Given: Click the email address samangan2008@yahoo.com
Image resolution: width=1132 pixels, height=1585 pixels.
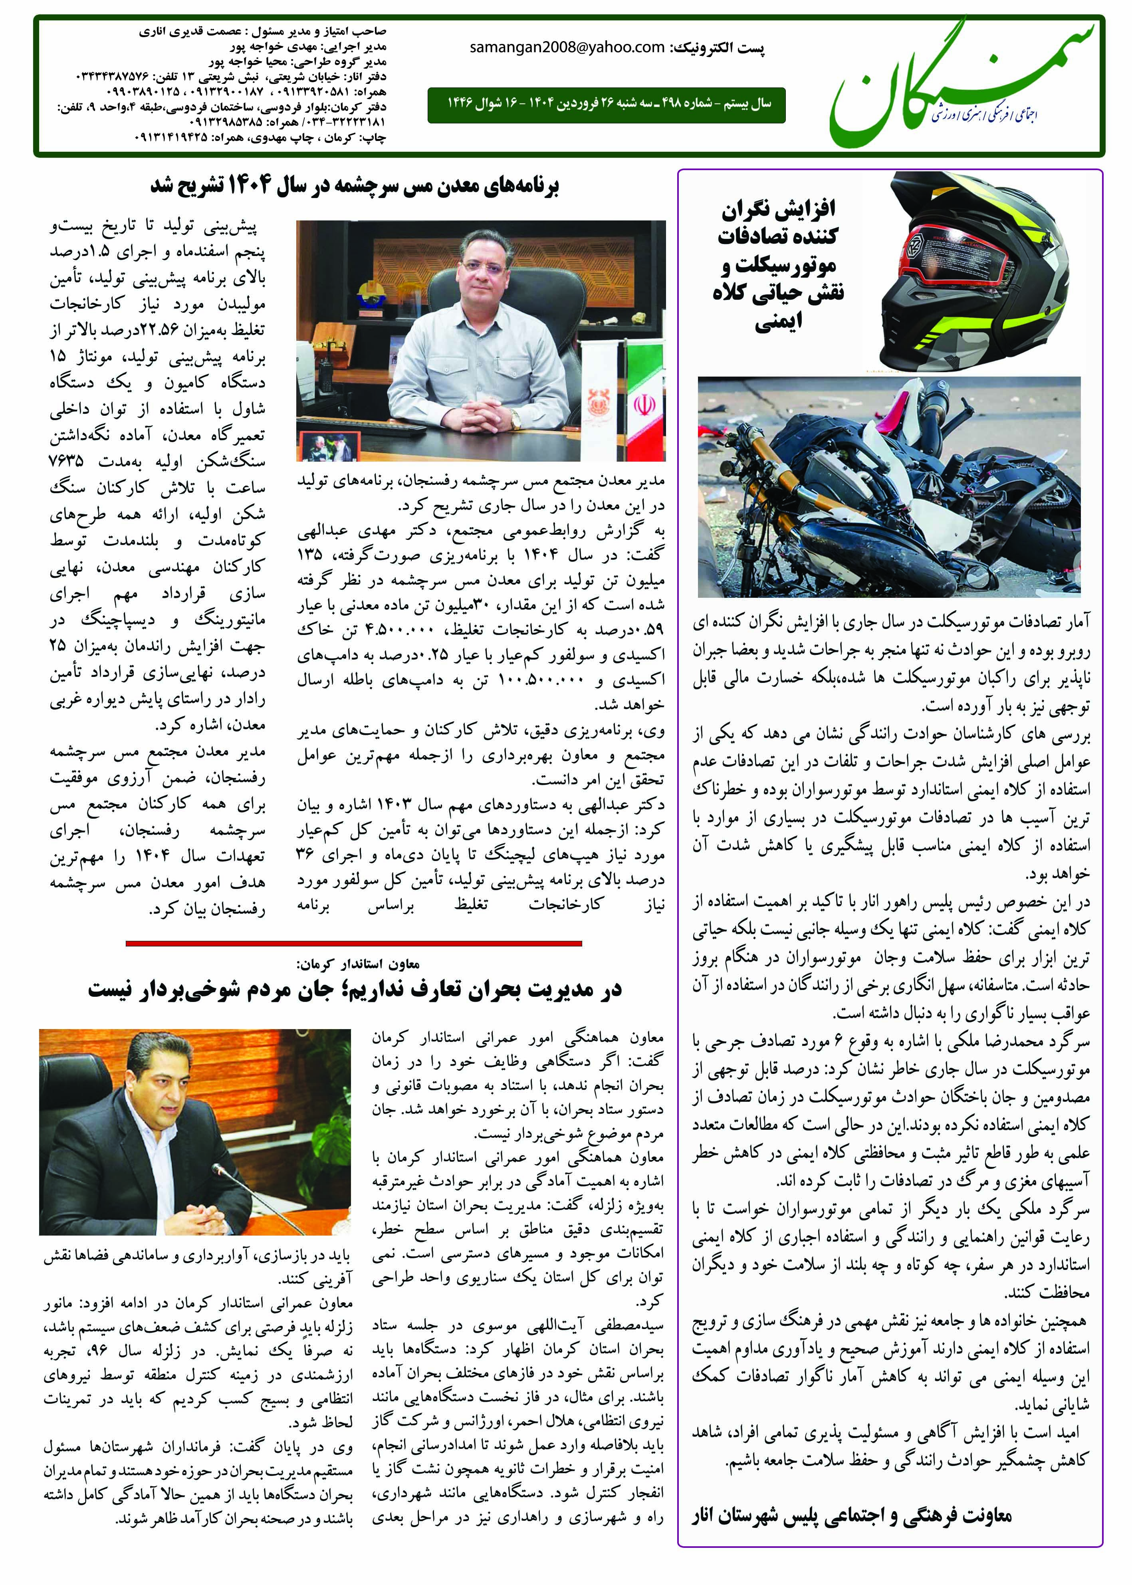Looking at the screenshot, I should (x=567, y=48).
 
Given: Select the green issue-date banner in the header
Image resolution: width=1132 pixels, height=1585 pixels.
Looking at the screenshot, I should (x=607, y=105).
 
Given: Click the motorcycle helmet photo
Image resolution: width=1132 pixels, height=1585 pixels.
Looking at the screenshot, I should (x=972, y=272).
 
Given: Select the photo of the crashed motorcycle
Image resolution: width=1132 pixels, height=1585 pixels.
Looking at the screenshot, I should (x=889, y=486).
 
